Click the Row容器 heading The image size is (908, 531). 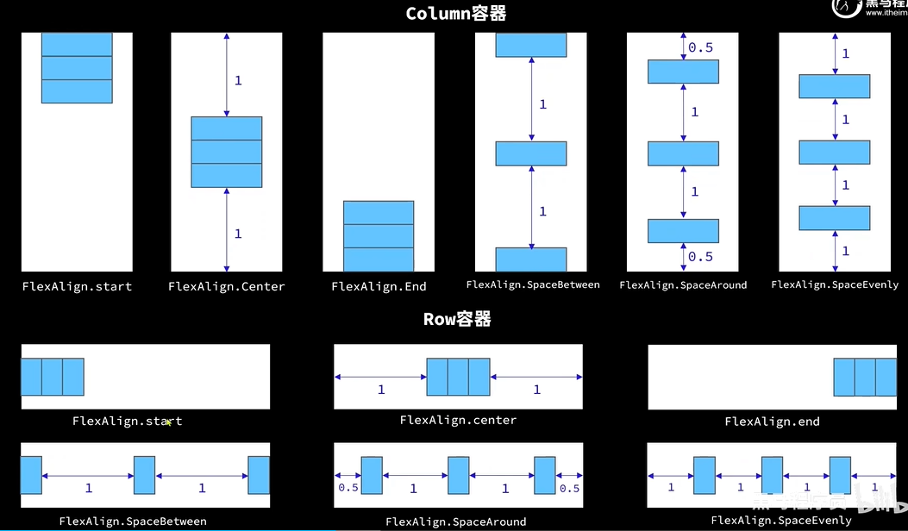(457, 319)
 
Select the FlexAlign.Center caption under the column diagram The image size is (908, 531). (226, 286)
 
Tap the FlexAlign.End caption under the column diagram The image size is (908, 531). (379, 286)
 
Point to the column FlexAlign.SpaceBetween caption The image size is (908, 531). (533, 284)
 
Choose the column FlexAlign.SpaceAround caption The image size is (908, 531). (683, 285)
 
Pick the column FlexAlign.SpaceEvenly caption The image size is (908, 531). (835, 284)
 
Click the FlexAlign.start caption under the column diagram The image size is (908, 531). (77, 286)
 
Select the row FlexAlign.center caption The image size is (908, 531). (458, 421)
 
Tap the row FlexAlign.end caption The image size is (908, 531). (772, 422)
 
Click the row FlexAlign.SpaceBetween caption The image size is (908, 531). (133, 521)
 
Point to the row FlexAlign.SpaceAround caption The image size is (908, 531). (455, 522)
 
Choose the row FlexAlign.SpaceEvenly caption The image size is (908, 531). (781, 520)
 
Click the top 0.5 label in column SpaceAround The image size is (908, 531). (700, 47)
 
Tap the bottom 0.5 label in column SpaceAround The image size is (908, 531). (700, 256)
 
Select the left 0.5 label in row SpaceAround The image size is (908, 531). (348, 488)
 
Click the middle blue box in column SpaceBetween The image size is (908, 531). (531, 153)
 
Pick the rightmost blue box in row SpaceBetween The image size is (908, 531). (260, 475)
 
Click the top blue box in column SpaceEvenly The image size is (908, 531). (834, 86)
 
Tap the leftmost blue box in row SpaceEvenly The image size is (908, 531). (704, 475)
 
